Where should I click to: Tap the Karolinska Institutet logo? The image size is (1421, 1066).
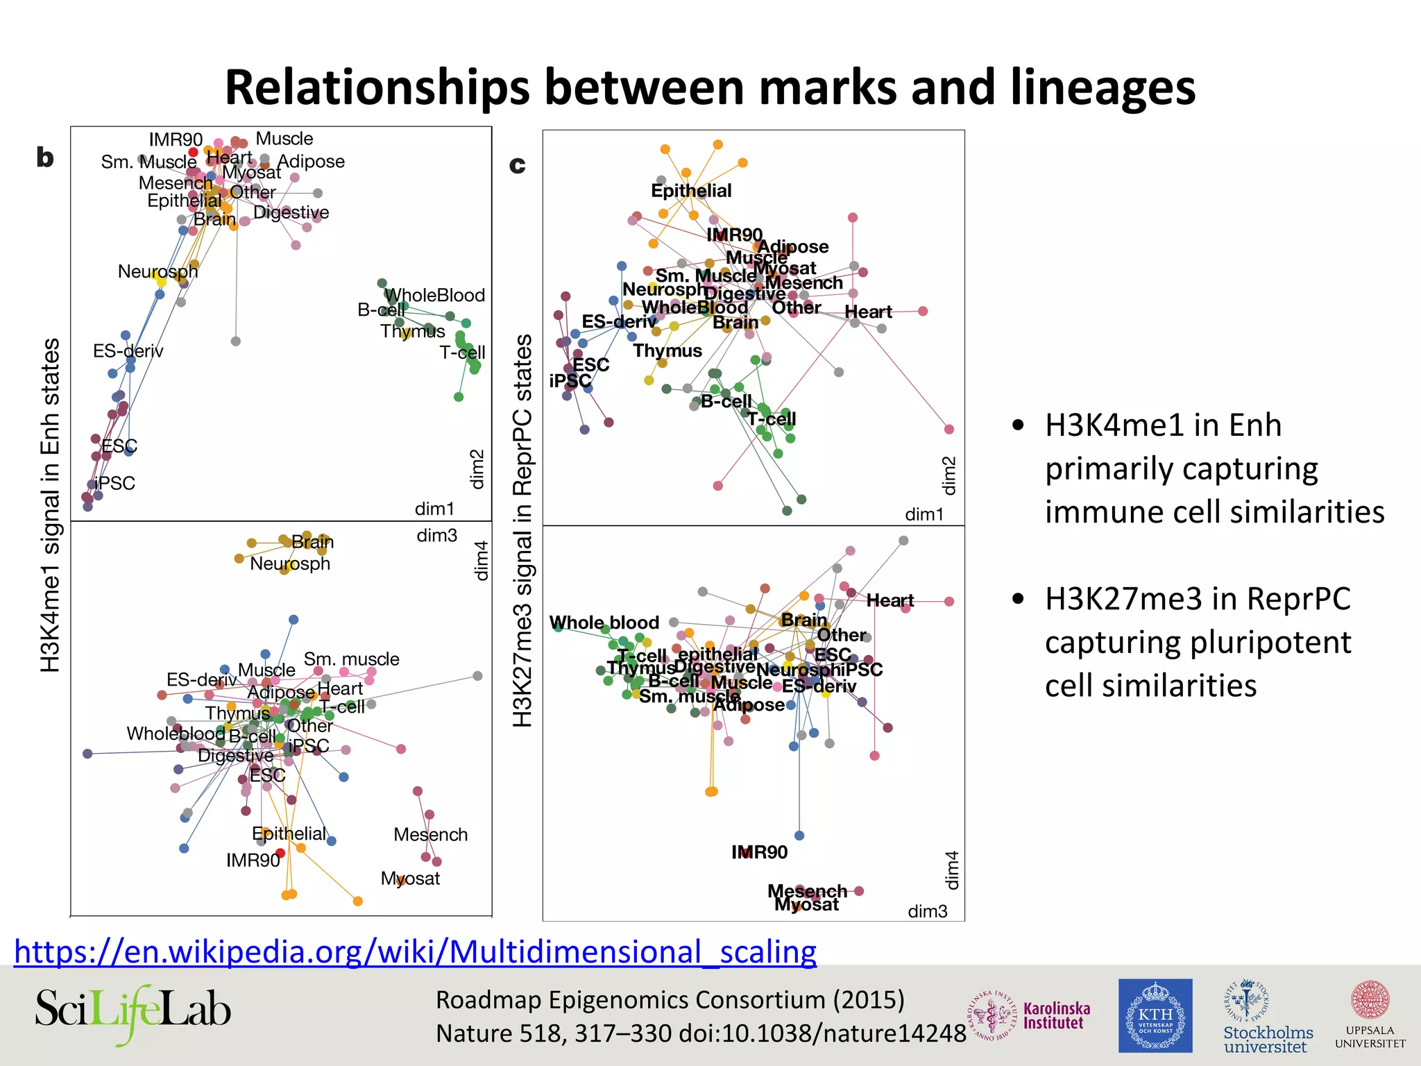click(1030, 1015)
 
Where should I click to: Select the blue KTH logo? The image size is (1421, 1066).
click(1155, 1015)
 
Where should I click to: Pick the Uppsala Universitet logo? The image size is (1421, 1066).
click(1370, 1015)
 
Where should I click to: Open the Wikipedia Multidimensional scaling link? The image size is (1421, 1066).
click(415, 951)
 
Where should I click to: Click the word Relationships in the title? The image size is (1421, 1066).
click(377, 87)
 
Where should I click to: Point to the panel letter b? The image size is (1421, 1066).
click(45, 158)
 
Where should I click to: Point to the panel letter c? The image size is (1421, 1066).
click(517, 164)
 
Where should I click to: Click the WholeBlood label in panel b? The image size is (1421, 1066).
click(436, 295)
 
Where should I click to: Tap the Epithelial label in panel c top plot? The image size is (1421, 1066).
click(691, 190)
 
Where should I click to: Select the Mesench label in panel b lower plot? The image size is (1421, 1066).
click(430, 834)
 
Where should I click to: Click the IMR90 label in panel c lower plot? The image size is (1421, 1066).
click(759, 852)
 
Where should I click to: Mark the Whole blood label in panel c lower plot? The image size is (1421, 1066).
click(604, 623)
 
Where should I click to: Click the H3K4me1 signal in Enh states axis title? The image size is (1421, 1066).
click(50, 505)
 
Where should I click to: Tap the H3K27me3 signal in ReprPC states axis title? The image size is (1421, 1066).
click(522, 531)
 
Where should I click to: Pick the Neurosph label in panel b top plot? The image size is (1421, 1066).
click(158, 271)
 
